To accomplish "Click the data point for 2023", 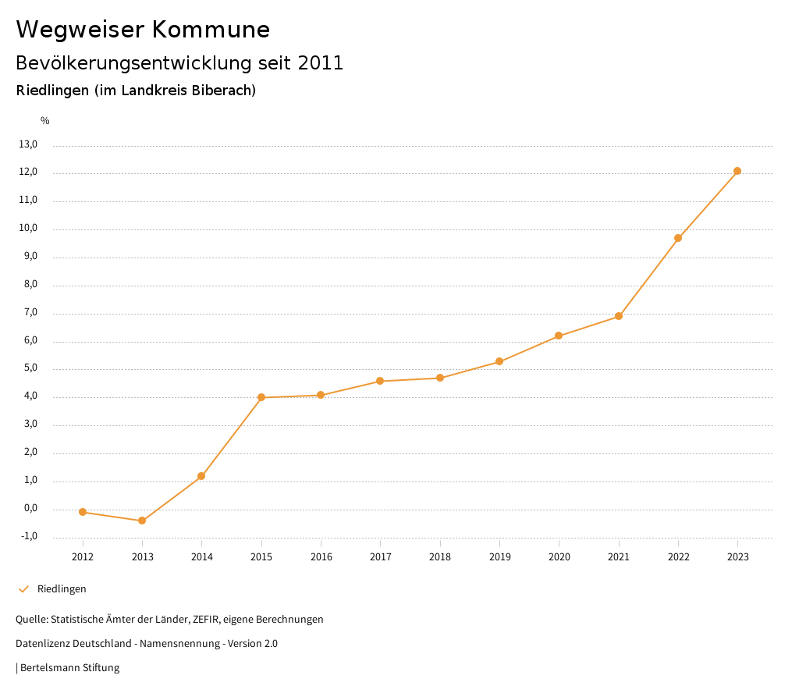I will [737, 171].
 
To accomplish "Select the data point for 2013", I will [142, 521].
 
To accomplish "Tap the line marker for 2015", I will [261, 397].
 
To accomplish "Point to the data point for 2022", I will [678, 238].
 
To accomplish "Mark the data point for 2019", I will [499, 361].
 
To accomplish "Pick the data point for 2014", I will [201, 476].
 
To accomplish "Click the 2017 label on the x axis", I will [381, 556].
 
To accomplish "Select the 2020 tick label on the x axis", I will [559, 556].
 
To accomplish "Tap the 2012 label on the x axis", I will [83, 556].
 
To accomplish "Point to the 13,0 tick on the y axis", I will [28, 144].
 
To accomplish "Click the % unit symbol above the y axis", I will [45, 121].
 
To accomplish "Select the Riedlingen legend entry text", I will [62, 589].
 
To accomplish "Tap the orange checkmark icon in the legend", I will [23, 589].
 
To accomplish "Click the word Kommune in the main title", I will [211, 30].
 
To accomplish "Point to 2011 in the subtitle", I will [321, 63].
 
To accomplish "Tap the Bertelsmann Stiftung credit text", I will [69, 668].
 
